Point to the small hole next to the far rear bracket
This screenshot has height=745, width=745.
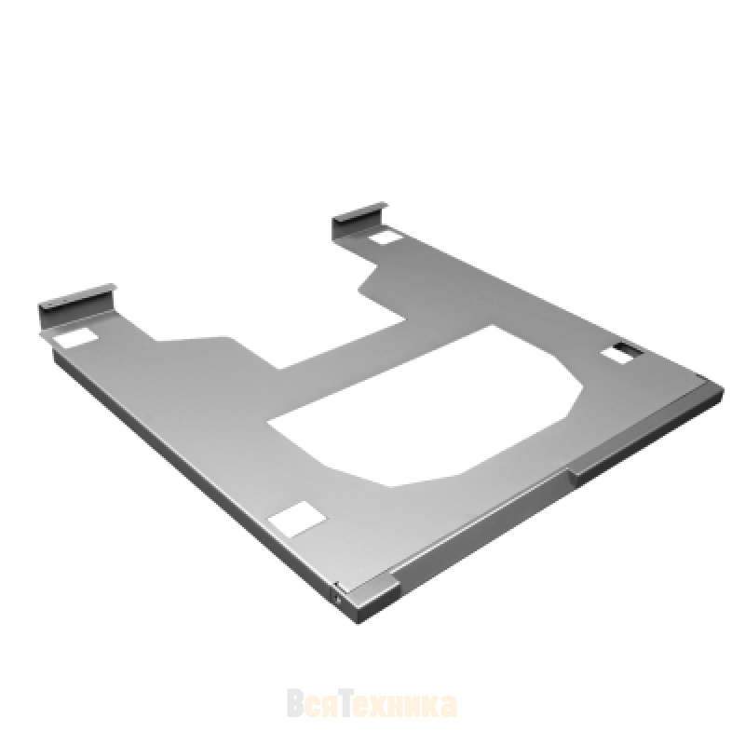point(384,237)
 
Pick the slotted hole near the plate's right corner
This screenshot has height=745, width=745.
point(623,354)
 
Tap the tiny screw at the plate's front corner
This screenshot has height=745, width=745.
point(337,600)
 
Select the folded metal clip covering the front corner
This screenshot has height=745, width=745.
point(368,600)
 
